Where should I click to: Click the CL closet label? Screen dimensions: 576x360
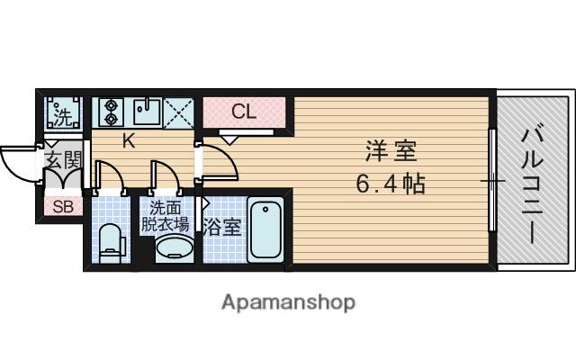coord(244,112)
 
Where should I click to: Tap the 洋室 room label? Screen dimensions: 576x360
coord(391,151)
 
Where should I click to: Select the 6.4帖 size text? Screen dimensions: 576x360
coord(391,184)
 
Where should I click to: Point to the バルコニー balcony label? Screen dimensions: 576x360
coord(532,185)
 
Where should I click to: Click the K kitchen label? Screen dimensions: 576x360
coord(129,140)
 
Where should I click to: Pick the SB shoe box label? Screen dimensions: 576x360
coord(63,206)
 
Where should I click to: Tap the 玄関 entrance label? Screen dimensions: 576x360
coord(63,160)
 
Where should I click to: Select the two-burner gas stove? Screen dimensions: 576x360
coord(109,112)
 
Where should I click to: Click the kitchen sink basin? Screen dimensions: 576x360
coord(147,112)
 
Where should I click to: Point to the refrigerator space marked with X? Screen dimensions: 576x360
coord(178,112)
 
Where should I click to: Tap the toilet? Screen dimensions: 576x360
coord(110,242)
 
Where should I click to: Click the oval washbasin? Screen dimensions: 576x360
coord(175,247)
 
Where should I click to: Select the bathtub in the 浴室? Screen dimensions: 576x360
coord(265,229)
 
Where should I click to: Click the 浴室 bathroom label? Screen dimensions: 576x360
coord(222,227)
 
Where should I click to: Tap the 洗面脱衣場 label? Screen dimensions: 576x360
coord(165,216)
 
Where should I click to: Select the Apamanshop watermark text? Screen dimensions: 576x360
coord(288,302)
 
